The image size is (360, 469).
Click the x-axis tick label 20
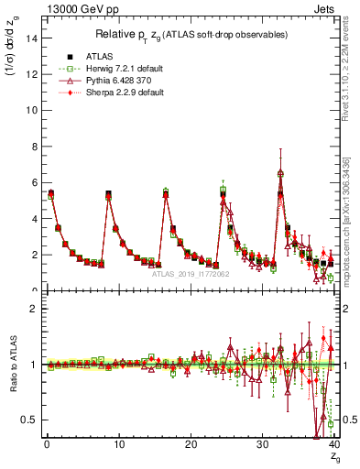(190, 446)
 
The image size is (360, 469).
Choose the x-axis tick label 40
(333, 446)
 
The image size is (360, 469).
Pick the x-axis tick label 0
(46, 446)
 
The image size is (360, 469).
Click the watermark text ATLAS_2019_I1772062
(190, 274)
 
